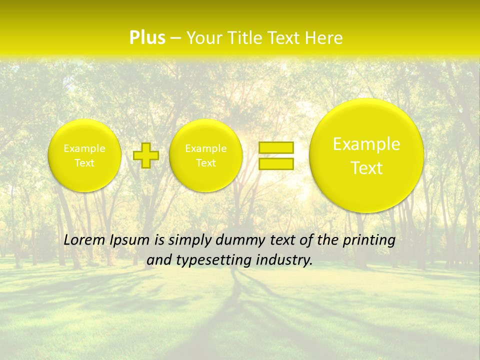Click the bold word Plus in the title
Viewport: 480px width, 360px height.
[147, 38]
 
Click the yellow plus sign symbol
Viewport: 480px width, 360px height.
[146, 155]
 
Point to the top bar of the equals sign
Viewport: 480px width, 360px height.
[275, 147]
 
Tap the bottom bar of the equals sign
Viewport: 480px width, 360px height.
[275, 163]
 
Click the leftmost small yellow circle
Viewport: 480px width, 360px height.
[84, 155]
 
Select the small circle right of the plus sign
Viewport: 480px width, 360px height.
[205, 155]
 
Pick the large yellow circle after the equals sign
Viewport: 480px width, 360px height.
[366, 155]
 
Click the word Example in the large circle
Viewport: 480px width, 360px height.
[366, 144]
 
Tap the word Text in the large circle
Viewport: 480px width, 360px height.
[366, 168]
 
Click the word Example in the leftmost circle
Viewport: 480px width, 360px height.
[84, 148]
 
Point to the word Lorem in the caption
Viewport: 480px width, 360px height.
[81, 240]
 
